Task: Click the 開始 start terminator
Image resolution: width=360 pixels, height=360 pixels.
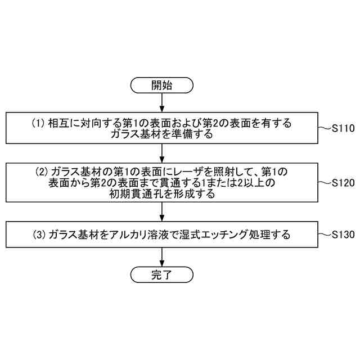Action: click(162, 85)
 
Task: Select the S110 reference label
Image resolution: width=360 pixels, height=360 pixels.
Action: click(343, 128)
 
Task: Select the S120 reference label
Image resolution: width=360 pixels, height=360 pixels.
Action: click(343, 183)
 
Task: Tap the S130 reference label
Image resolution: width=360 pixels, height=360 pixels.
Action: click(343, 235)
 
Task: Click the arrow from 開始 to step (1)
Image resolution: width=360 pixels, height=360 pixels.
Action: click(162, 102)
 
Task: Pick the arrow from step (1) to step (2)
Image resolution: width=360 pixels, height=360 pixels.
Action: click(162, 153)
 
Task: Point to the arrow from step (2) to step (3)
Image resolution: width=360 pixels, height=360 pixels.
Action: click(162, 211)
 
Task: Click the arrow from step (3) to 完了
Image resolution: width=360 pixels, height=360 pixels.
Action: click(162, 257)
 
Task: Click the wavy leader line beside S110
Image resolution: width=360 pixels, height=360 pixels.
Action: click(324, 129)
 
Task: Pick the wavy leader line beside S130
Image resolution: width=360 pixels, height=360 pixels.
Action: click(324, 235)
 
